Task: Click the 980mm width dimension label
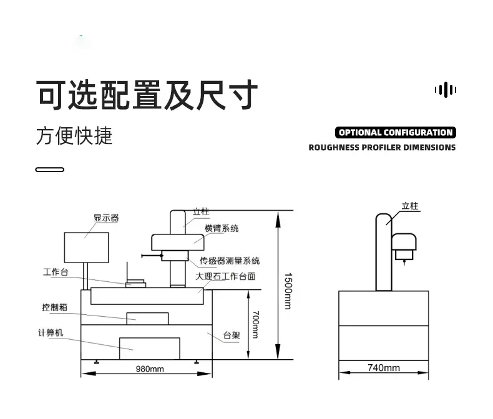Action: point(150,368)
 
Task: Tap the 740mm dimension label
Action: point(384,367)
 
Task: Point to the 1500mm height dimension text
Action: point(288,291)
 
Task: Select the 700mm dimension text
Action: point(256,324)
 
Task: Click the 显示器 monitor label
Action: point(106,218)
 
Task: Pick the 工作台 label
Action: point(56,272)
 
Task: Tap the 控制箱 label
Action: point(55,307)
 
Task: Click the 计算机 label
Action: point(51,332)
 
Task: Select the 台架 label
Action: point(232,335)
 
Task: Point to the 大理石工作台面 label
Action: point(225,276)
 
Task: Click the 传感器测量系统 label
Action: point(230,261)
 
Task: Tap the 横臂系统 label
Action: point(222,228)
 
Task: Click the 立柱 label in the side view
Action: point(410,206)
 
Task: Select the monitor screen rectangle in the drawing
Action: point(87,248)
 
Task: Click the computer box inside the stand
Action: point(150,349)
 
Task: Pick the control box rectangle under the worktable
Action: point(147,319)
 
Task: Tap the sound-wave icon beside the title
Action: point(446,90)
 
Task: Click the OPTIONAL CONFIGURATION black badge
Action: point(396,133)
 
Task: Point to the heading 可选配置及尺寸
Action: point(147,95)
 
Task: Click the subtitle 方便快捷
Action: point(74,136)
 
